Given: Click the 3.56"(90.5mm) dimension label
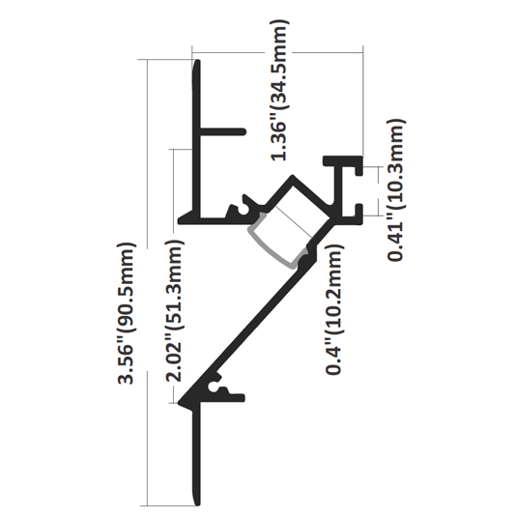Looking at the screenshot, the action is click(126, 313).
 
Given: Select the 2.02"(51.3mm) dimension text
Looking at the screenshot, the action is click(174, 310).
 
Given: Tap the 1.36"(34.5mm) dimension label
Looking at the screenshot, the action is click(280, 90).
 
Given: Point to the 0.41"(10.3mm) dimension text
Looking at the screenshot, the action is click(396, 190).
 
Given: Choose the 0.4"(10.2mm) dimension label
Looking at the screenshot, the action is click(334, 309).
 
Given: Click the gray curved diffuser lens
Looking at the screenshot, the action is click(275, 242).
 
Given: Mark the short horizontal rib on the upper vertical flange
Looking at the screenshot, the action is click(223, 131).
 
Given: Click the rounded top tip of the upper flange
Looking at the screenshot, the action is click(198, 61).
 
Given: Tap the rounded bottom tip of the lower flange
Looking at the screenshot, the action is click(197, 504).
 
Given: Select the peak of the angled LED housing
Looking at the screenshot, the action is click(293, 177).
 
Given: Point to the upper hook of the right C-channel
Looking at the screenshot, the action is click(359, 170).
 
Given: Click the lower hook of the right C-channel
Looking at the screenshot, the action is click(359, 211).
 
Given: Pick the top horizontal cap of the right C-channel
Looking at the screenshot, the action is click(343, 160).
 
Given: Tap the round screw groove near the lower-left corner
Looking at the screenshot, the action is click(215, 388).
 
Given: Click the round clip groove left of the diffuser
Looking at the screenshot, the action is click(244, 210).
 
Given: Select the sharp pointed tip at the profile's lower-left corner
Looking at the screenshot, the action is click(179, 403).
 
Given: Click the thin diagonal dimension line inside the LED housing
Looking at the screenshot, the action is click(294, 221).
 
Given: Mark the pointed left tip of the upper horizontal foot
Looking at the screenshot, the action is click(179, 221).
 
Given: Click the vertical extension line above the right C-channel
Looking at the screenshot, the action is click(363, 100).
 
